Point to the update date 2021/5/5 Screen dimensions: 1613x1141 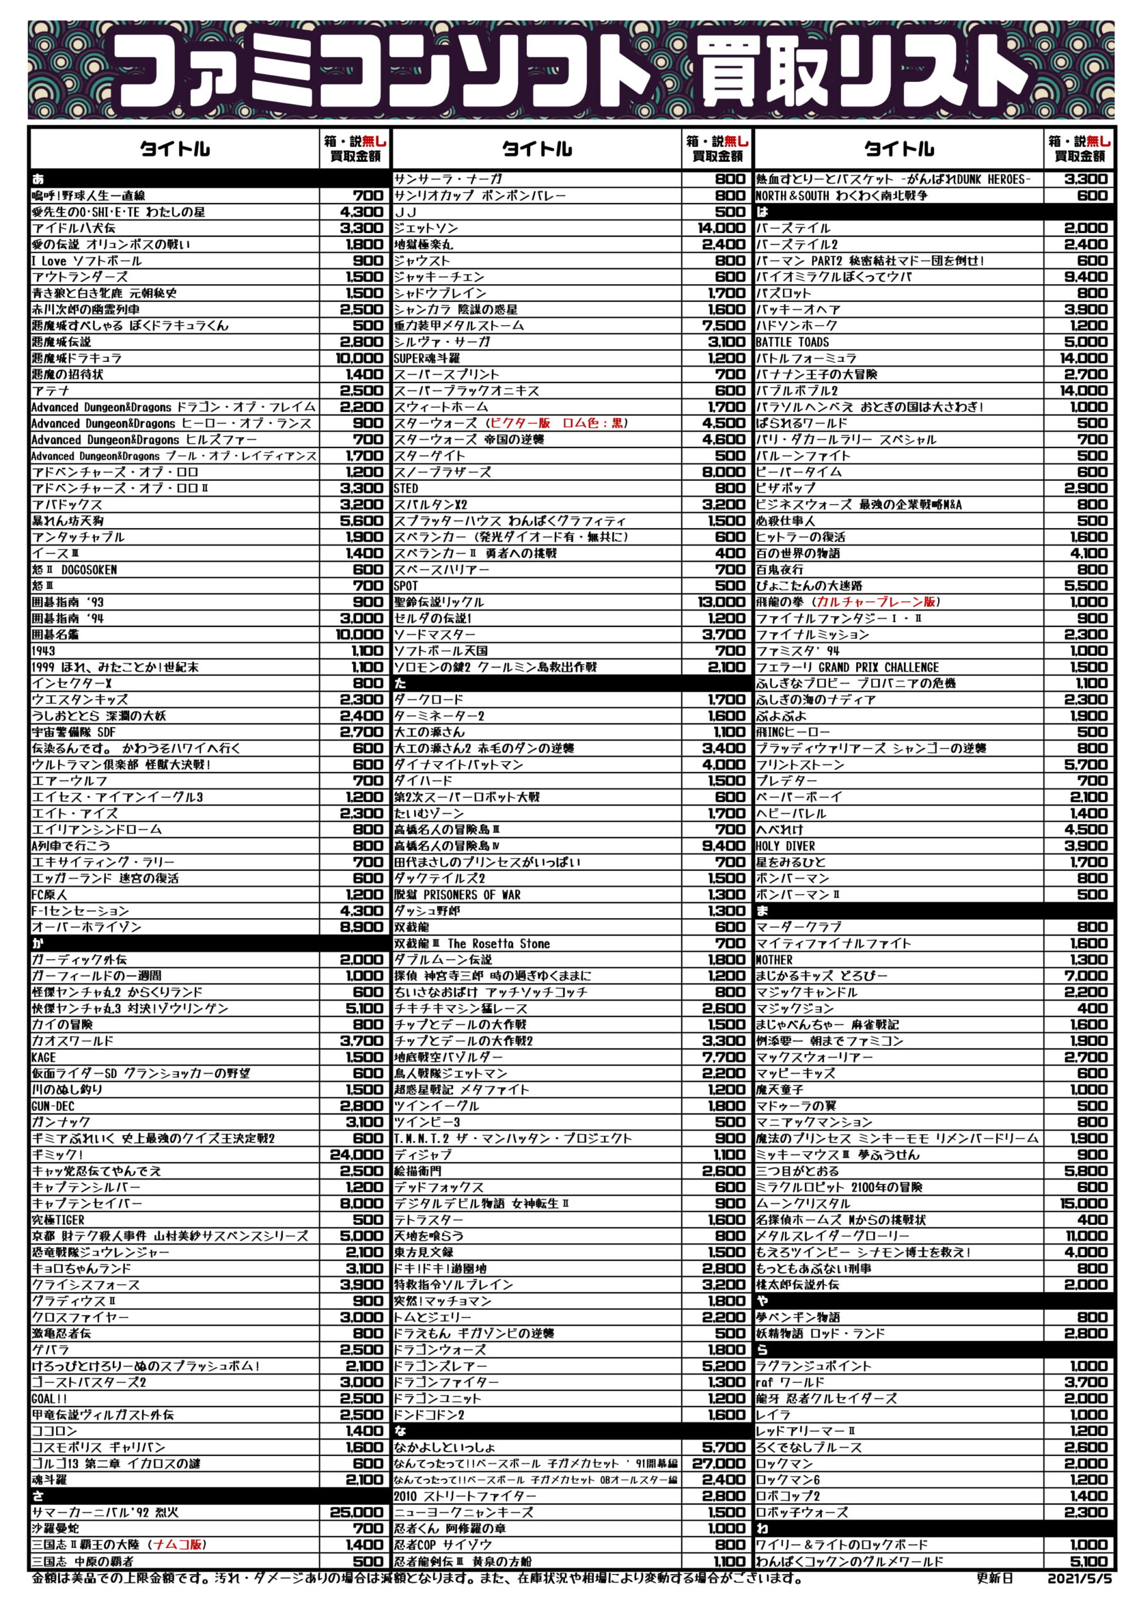[x=1079, y=1578]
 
